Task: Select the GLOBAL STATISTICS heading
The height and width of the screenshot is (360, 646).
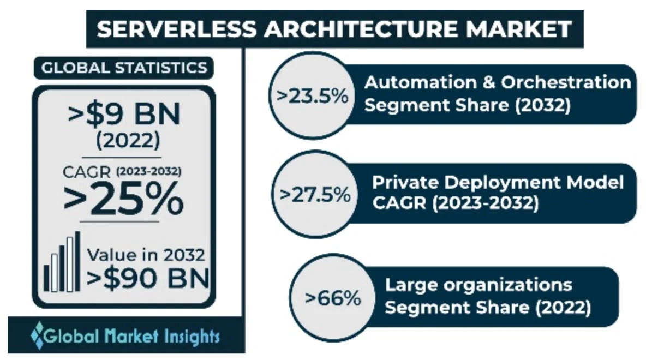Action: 124,68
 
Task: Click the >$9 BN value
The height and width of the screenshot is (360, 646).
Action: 124,115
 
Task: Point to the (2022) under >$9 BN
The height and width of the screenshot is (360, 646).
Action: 128,141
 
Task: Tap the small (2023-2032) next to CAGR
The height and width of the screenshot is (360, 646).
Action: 148,171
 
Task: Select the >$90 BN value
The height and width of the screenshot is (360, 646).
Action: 148,278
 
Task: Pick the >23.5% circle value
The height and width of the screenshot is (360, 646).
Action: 312,97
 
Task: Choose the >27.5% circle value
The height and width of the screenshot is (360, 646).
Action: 314,194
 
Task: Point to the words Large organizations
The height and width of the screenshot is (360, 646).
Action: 478,285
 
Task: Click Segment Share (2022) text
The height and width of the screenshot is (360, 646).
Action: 488,308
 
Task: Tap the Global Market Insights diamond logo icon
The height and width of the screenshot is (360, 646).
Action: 38,334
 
